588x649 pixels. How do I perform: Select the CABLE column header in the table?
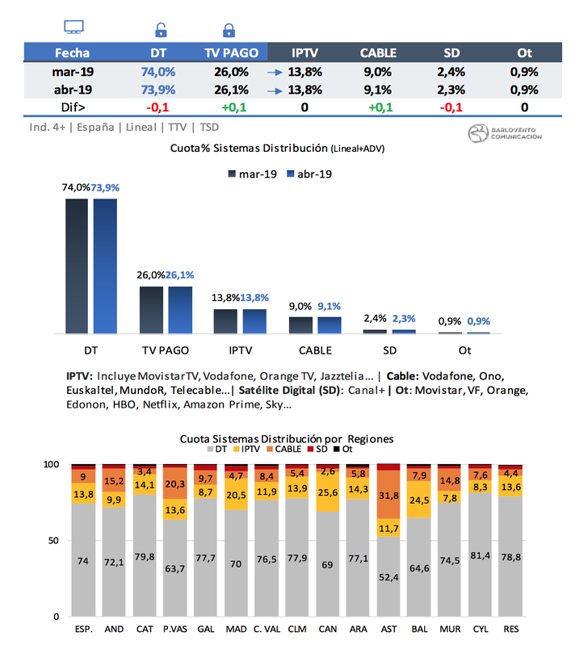[x=378, y=52]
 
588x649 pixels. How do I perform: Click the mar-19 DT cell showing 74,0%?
[x=158, y=71]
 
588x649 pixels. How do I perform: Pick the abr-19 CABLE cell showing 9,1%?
[x=378, y=89]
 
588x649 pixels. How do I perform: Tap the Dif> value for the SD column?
[x=451, y=107]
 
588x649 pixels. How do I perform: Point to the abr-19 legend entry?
[x=309, y=174]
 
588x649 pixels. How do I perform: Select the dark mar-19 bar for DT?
[x=77, y=266]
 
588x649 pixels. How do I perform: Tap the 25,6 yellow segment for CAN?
[x=328, y=492]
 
